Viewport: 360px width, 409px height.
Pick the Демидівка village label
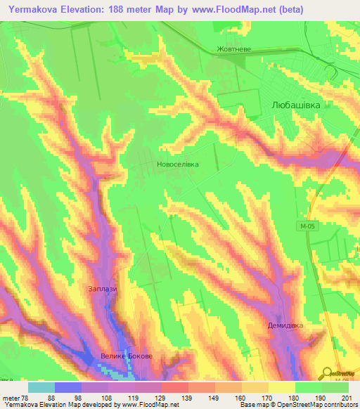pyautogui.click(x=285, y=326)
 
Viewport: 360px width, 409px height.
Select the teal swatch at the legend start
pyautogui.click(x=41, y=387)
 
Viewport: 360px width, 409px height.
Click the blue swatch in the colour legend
pyautogui.click(x=68, y=387)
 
